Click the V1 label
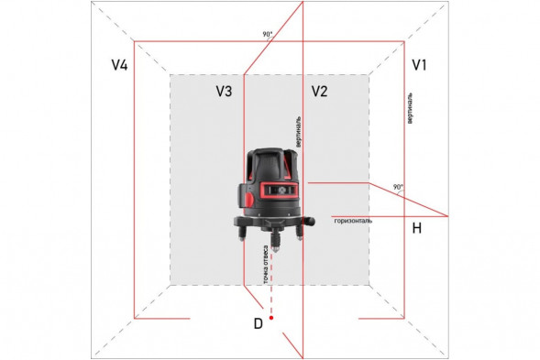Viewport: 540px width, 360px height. click(x=420, y=65)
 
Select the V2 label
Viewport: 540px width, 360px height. click(x=319, y=91)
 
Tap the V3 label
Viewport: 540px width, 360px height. click(x=224, y=91)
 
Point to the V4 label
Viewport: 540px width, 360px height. click(x=119, y=65)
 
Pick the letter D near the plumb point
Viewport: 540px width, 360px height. click(x=259, y=322)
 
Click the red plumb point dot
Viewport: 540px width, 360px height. click(x=271, y=317)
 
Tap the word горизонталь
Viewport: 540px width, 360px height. click(x=353, y=221)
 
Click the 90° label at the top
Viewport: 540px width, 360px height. click(x=267, y=34)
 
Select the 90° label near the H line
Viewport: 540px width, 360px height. click(x=397, y=187)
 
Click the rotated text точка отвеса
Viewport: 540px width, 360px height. click(x=266, y=265)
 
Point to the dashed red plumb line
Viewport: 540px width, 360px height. click(x=271, y=284)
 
